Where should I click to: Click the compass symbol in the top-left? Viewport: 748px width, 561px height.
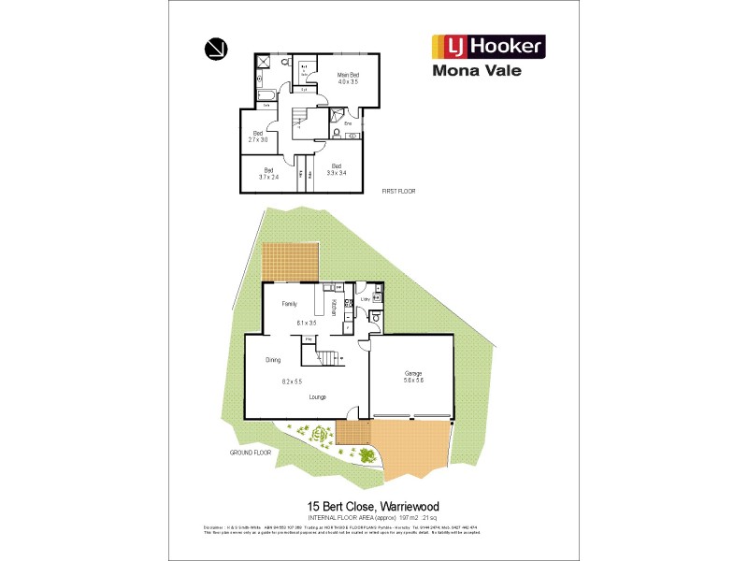click(215, 47)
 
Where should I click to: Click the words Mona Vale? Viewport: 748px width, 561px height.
click(477, 70)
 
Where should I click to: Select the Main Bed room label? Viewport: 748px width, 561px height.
click(348, 74)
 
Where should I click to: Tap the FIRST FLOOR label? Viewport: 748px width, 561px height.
click(398, 191)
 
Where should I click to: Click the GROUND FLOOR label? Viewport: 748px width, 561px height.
click(250, 452)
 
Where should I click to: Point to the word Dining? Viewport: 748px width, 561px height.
click(273, 359)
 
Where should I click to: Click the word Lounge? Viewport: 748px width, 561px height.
click(318, 397)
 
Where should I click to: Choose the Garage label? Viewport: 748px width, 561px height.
click(412, 373)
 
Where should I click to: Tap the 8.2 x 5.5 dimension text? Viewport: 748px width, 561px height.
click(292, 381)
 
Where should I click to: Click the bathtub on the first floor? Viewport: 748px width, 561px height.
click(266, 96)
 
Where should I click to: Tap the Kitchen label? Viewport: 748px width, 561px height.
click(334, 307)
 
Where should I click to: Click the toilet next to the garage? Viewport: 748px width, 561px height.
click(374, 318)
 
